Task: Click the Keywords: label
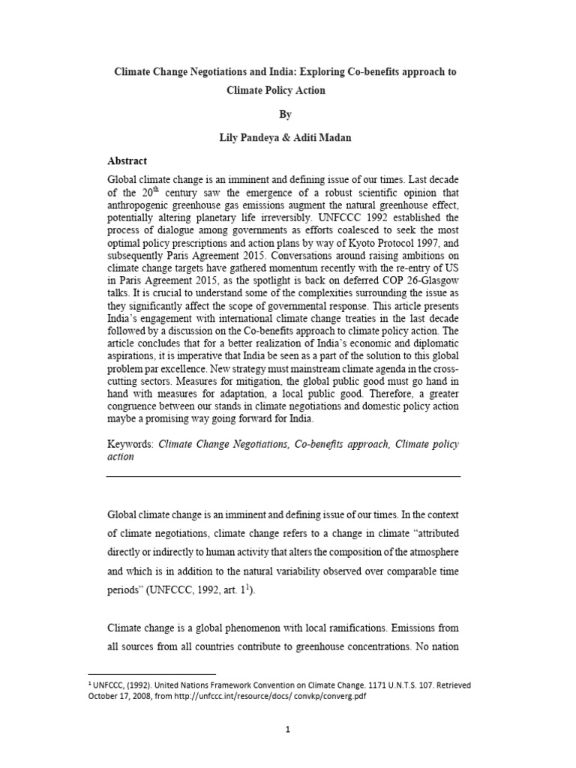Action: (x=130, y=444)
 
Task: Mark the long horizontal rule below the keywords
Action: (x=283, y=476)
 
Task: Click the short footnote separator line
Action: (x=151, y=674)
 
